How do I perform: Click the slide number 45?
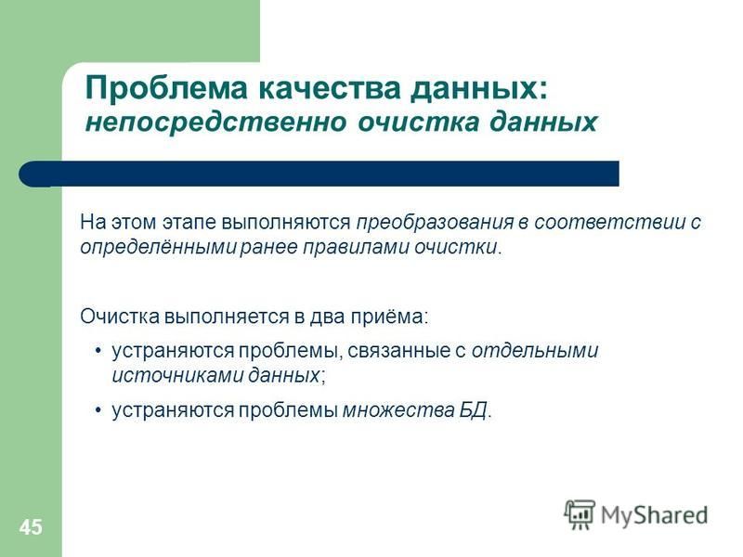31,526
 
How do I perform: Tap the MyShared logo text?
655,515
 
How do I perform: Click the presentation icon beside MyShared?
580,515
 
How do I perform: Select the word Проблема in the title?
166,88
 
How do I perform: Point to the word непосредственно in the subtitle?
216,122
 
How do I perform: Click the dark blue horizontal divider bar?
319,174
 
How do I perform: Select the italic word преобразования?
435,222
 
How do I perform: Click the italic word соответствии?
610,222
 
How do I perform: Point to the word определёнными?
158,247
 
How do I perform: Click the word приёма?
388,317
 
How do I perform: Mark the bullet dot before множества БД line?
98,410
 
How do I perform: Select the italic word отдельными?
535,351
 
